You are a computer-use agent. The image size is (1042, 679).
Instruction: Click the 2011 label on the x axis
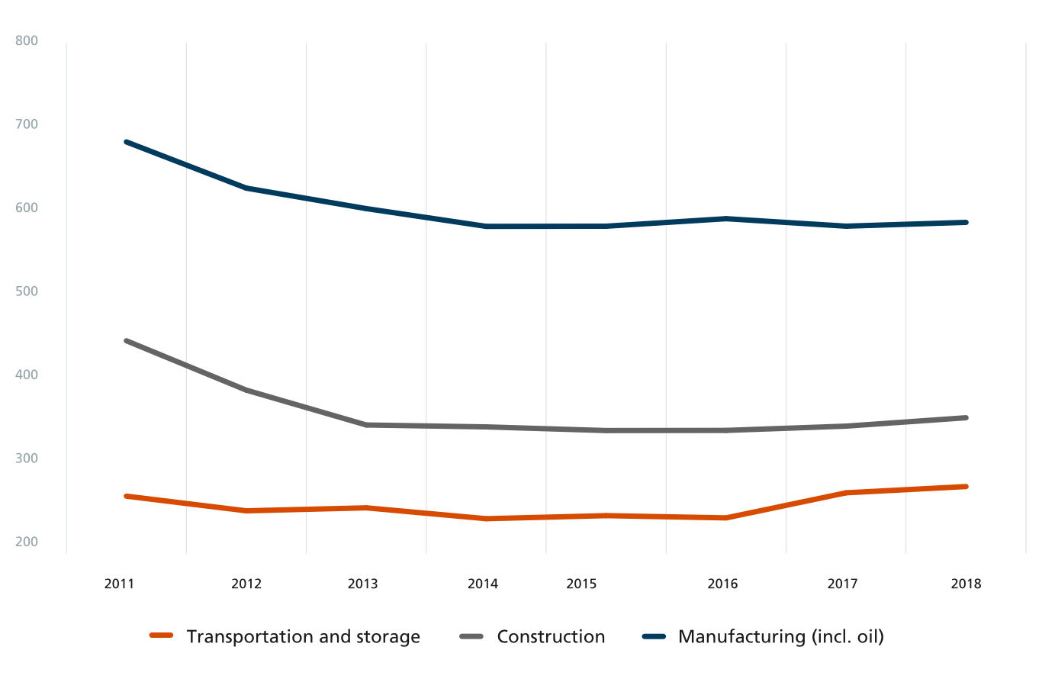click(x=119, y=584)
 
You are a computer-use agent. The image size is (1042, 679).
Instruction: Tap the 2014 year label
click(x=482, y=584)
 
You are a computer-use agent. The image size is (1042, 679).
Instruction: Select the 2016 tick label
click(x=722, y=584)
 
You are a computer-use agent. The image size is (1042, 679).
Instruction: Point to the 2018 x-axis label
click(x=966, y=584)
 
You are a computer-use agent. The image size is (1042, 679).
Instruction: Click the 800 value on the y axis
click(x=27, y=40)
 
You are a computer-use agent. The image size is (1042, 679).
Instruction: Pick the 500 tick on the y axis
click(x=27, y=291)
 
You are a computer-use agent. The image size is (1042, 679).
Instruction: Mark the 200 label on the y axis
click(x=27, y=542)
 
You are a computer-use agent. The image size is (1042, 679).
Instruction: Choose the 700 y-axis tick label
click(x=27, y=124)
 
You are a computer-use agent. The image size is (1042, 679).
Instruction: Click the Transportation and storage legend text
click(x=303, y=636)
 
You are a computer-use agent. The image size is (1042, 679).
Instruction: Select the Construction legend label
click(x=551, y=636)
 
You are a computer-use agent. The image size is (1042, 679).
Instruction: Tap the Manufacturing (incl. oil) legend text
click(x=780, y=636)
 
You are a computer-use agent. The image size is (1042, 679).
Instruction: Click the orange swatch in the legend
click(x=162, y=636)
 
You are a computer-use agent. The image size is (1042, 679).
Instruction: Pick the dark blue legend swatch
click(x=654, y=636)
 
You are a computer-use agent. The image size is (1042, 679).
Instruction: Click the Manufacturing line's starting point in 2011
click(x=126, y=142)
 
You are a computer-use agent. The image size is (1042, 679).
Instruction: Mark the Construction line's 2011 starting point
click(x=126, y=341)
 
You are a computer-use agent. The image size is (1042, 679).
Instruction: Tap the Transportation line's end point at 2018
click(x=966, y=487)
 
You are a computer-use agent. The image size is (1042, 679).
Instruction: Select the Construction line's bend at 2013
click(x=366, y=425)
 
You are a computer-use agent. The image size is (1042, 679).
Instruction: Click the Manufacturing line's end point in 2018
click(x=966, y=223)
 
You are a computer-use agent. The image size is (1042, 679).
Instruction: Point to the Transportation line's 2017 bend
click(x=846, y=493)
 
